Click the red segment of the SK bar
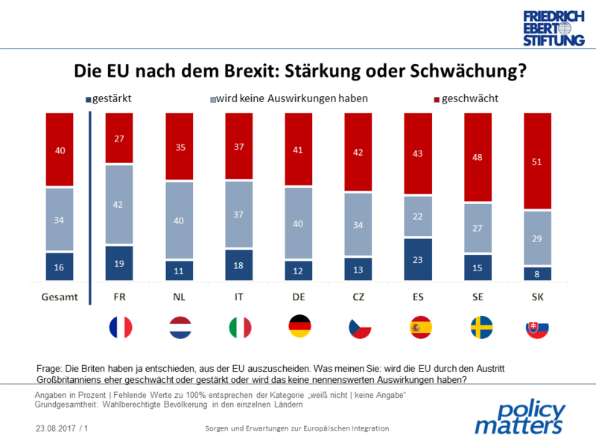tap(536, 160)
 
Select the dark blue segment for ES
tap(417, 260)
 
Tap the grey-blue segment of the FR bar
tap(119, 204)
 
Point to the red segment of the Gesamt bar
tap(60, 149)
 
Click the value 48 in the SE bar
tap(477, 157)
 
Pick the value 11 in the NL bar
tap(179, 271)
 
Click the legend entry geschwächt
tap(466, 98)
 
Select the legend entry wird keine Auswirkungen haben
tap(290, 98)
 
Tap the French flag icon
tap(120, 327)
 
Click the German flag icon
tap(298, 327)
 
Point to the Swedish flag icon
tap(477, 327)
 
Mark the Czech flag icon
tap(358, 327)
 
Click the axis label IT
tap(238, 297)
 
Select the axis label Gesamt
tap(59, 297)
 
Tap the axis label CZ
tap(358, 297)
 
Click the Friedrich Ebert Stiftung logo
tap(553, 28)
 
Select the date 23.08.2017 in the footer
tap(56, 429)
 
